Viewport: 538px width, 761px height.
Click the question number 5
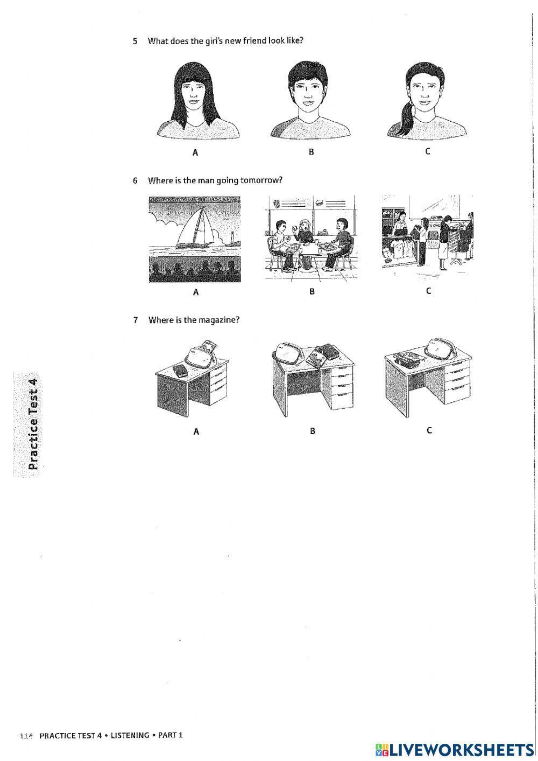135,41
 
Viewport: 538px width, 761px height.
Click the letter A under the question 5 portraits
195,152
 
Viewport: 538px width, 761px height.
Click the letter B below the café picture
312,291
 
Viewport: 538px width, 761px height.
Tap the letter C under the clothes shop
428,291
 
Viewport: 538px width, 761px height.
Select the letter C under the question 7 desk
429,430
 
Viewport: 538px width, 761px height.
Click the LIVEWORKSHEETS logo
454,749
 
